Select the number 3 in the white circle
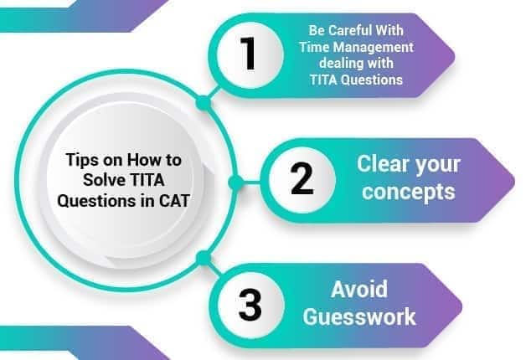[250, 305]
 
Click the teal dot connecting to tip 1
[202, 102]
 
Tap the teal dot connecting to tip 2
[236, 179]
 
